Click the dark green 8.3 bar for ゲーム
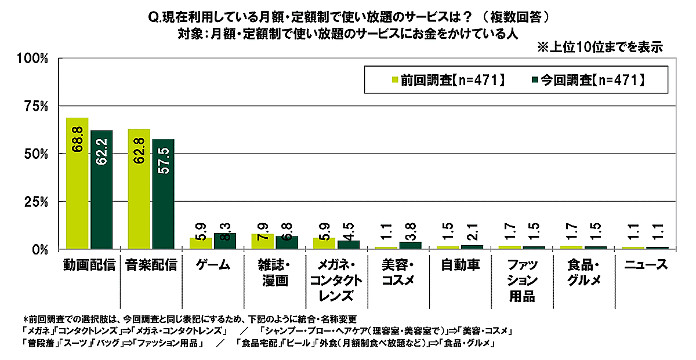click(225, 241)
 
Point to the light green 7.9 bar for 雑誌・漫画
click(263, 242)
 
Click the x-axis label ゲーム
click(212, 266)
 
